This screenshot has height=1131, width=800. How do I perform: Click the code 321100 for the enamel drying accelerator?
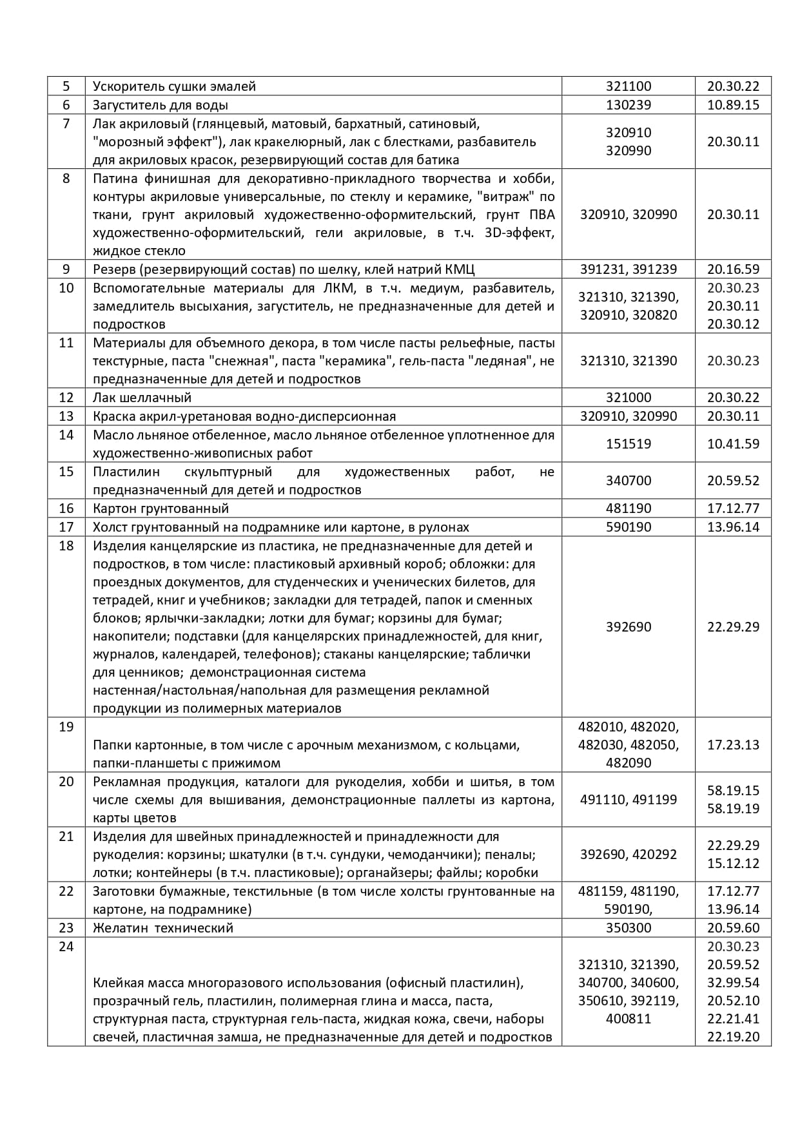(x=629, y=86)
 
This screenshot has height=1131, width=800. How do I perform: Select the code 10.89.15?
(x=733, y=105)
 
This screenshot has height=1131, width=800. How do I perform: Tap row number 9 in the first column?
(x=66, y=269)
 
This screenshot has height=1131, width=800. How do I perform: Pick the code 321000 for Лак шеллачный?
(x=629, y=398)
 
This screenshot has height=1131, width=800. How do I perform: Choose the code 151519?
(x=629, y=444)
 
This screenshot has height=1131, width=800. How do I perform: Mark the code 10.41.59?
(x=733, y=444)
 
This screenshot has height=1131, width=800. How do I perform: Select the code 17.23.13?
(x=733, y=745)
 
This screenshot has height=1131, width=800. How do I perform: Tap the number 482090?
(x=629, y=763)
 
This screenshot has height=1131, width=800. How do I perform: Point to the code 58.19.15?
(x=733, y=791)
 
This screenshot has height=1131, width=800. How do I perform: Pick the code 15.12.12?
(x=733, y=864)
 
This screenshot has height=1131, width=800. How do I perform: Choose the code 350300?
(x=629, y=928)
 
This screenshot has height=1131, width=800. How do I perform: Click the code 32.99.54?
(x=733, y=983)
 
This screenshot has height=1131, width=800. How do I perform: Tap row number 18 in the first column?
(x=66, y=546)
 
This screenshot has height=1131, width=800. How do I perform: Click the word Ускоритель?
(x=126, y=86)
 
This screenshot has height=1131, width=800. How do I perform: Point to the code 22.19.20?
(x=733, y=1037)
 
